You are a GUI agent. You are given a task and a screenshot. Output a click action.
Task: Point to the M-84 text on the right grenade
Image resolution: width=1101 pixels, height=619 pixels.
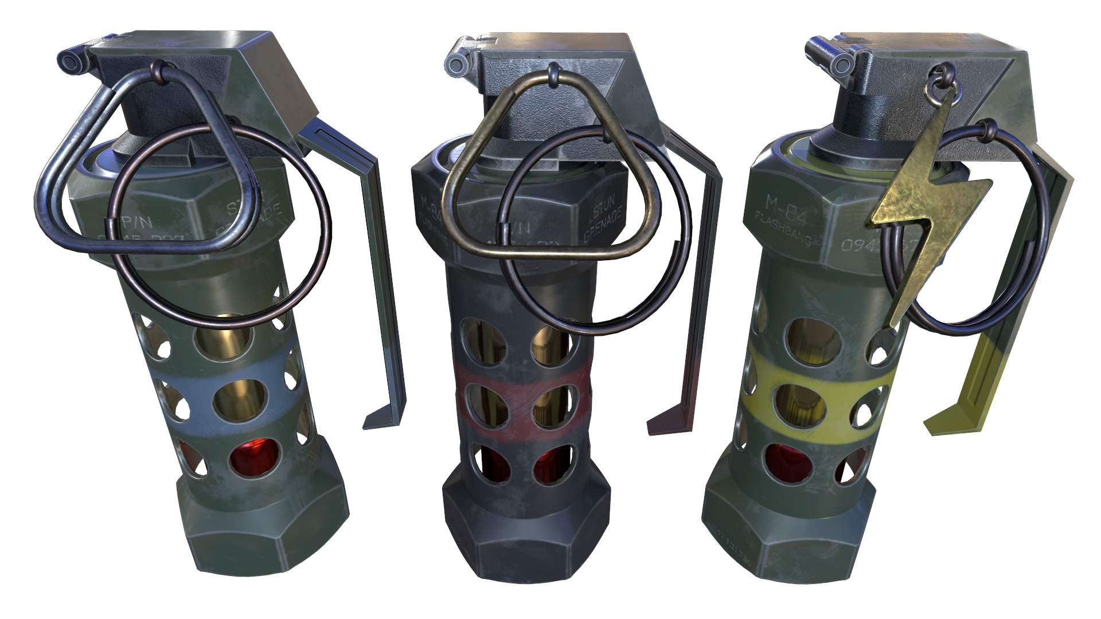(x=776, y=204)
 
